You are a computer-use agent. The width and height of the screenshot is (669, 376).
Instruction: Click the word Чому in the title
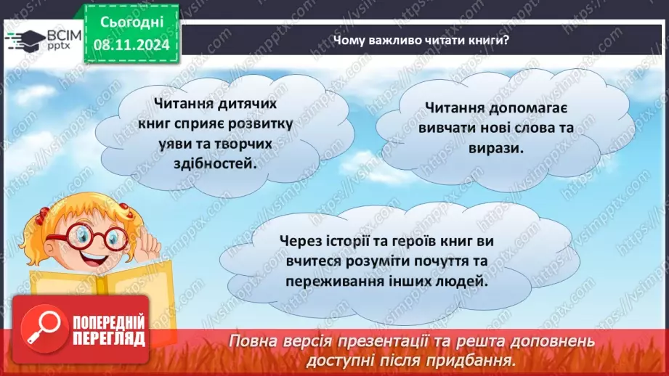[348, 40]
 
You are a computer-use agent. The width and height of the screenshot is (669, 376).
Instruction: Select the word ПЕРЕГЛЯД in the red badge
[109, 338]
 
